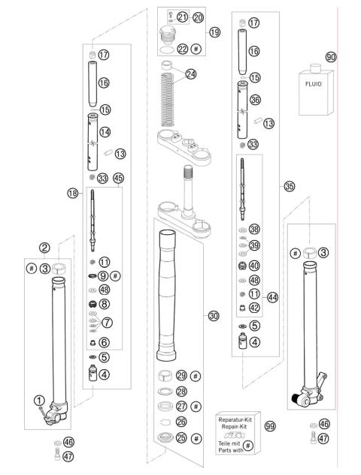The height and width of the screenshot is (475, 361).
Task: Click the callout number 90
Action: [330, 57]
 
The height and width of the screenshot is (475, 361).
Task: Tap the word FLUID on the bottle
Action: [312, 84]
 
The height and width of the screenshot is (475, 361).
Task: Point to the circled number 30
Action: [214, 317]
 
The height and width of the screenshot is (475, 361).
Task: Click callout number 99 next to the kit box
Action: [270, 425]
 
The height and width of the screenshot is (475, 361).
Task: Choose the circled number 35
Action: [289, 186]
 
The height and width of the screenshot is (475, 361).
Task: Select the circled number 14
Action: [105, 131]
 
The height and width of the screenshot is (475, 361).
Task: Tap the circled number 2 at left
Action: [45, 248]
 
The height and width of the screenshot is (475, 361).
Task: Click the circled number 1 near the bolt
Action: [38, 400]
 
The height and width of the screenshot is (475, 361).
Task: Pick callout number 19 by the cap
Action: [215, 32]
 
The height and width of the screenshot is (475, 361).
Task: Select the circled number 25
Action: [181, 437]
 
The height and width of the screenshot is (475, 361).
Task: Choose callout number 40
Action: [254, 265]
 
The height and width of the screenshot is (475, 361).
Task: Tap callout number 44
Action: [273, 298]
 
